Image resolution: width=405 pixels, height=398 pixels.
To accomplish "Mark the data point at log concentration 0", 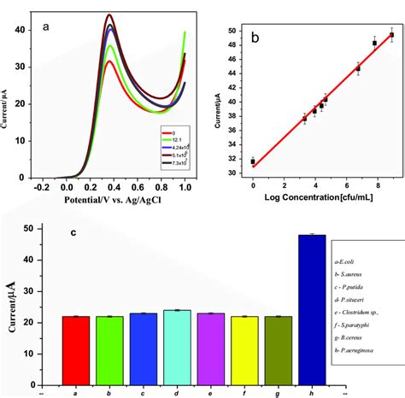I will tap(253, 161).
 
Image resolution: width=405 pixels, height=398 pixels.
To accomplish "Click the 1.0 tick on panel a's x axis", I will tap(184, 184).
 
